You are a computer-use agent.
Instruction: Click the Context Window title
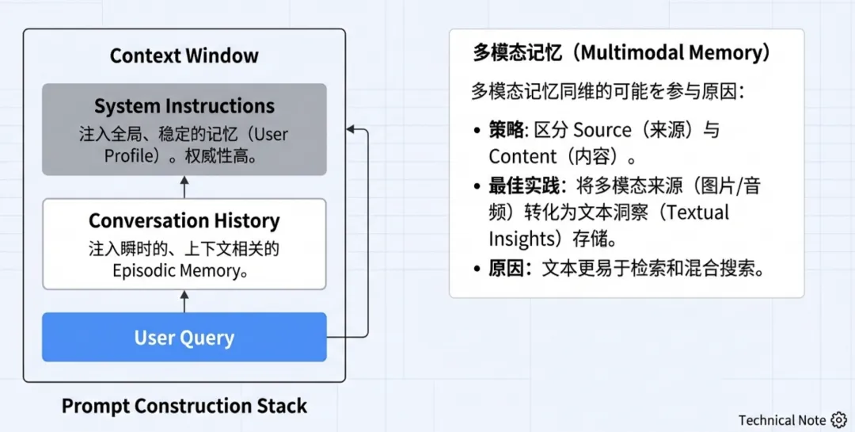(184, 56)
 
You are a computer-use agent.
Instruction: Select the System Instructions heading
(184, 106)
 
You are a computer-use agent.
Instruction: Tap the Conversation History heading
(184, 220)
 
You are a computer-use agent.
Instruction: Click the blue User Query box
(184, 338)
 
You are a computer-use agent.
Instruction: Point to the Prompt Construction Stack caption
(184, 407)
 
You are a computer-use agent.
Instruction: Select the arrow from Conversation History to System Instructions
(184, 187)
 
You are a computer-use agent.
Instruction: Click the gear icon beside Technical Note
(839, 420)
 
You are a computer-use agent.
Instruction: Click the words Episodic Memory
(175, 271)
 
